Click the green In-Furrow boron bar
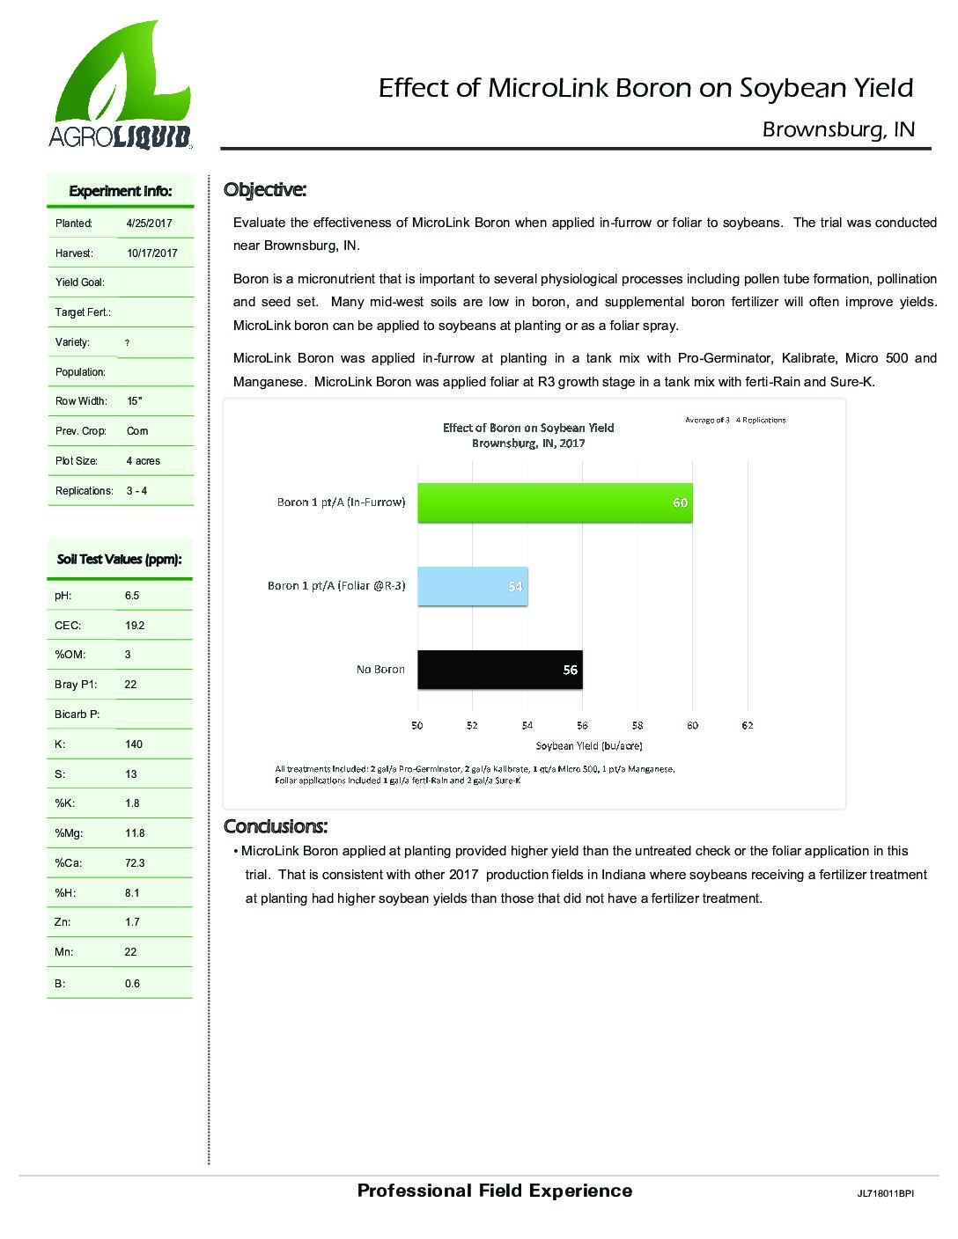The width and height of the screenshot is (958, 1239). (x=555, y=502)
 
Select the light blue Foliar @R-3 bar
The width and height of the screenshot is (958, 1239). (x=472, y=586)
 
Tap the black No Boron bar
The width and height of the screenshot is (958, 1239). (x=499, y=670)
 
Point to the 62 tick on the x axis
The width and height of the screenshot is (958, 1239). (x=748, y=726)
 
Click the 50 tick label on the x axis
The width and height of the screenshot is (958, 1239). (x=417, y=726)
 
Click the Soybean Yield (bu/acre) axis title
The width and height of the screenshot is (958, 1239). (x=588, y=746)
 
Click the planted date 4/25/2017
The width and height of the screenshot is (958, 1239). (x=149, y=224)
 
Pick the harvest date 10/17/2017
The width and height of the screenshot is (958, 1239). (x=152, y=253)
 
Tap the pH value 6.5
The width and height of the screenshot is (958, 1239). (x=132, y=596)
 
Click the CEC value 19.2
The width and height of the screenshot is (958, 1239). (x=135, y=626)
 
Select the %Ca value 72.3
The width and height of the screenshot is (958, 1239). (x=135, y=863)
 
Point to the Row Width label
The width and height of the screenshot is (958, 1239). (x=81, y=401)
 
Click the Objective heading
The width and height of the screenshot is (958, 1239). (x=265, y=189)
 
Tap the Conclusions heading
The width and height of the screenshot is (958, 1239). (x=276, y=826)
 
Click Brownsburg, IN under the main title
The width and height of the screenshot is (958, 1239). (x=838, y=129)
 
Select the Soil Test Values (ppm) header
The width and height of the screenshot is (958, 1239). (x=120, y=559)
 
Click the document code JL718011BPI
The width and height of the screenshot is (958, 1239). (x=885, y=1194)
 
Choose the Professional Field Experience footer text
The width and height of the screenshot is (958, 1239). (x=495, y=1191)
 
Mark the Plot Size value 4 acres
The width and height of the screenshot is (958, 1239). (x=143, y=461)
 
